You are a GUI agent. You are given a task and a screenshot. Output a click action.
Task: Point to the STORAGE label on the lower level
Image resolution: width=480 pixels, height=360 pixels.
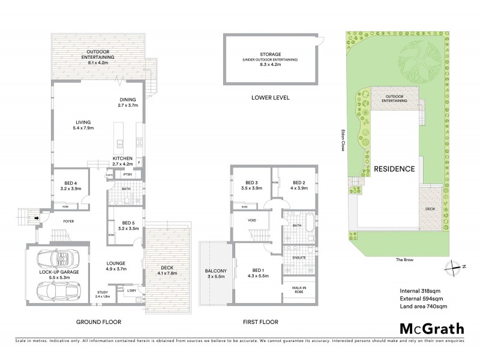click(x=262, y=55)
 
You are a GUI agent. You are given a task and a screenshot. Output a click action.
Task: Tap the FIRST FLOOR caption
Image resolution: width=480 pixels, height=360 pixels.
click(x=261, y=322)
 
